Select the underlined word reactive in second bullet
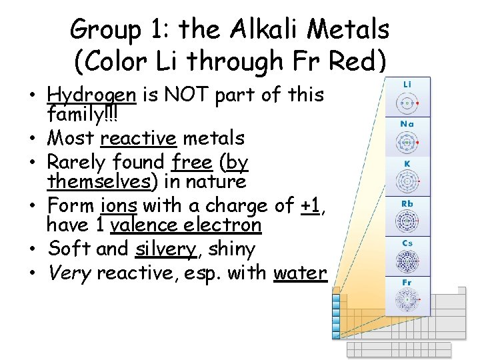point(138,139)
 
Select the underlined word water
point(300,273)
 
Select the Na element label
point(407,124)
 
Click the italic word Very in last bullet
point(70,273)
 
